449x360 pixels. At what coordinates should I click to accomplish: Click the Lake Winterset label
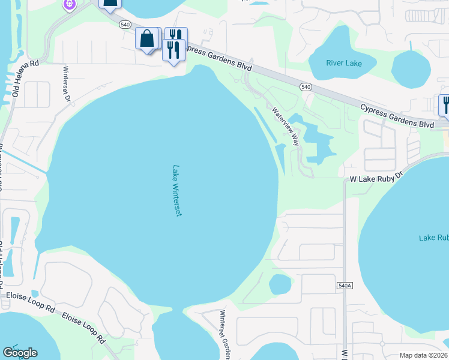pos(176,191)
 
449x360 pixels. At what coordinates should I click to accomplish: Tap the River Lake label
pos(344,63)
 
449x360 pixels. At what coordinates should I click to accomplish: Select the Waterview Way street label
pos(285,127)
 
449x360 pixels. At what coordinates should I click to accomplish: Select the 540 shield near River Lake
pos(306,87)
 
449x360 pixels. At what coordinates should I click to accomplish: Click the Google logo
pos(20,353)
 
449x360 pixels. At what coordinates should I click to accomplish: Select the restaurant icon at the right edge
pos(445,104)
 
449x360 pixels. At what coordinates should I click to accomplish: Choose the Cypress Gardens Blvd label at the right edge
pos(397,115)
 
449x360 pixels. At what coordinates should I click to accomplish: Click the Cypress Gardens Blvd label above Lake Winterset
pos(218,58)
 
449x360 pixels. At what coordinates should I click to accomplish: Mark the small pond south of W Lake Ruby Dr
pos(280,283)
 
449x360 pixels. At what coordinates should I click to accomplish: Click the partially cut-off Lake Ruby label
pos(433,238)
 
